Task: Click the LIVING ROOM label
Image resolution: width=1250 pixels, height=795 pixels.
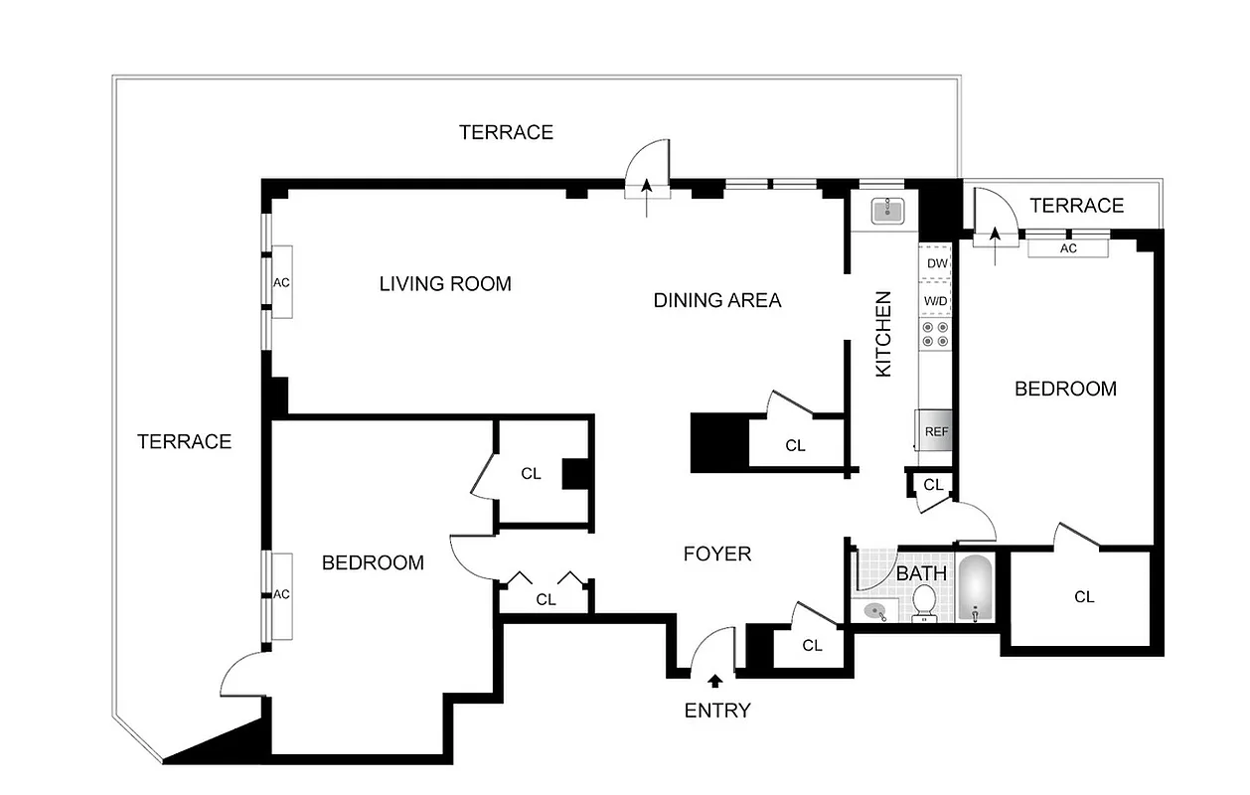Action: (x=445, y=284)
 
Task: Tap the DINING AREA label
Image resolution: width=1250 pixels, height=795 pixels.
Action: (x=716, y=300)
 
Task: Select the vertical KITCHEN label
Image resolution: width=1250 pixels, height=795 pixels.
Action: (x=882, y=334)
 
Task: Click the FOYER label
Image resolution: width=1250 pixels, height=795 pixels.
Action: (x=716, y=555)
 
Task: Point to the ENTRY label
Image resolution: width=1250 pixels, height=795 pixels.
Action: (x=717, y=711)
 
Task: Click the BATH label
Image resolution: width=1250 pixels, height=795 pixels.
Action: (x=921, y=574)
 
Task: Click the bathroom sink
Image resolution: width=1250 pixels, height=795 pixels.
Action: (x=874, y=611)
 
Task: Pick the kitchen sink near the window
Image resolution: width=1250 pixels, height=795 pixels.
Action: (x=884, y=211)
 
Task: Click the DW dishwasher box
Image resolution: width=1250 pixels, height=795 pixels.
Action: (x=937, y=263)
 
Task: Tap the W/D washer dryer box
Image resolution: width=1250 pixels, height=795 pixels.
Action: (x=937, y=299)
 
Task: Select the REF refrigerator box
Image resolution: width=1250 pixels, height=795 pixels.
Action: (x=936, y=431)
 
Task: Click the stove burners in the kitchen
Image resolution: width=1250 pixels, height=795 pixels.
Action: (x=936, y=334)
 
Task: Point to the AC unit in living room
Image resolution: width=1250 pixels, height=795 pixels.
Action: (x=281, y=282)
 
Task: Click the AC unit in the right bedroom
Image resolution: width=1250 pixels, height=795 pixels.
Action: (x=1068, y=248)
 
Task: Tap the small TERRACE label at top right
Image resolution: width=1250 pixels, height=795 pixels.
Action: (x=1076, y=206)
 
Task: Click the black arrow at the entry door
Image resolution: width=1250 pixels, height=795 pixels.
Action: (x=715, y=681)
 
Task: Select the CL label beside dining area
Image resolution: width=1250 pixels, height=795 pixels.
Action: (x=795, y=446)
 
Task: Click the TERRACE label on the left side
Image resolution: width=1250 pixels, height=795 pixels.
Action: (x=184, y=442)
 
